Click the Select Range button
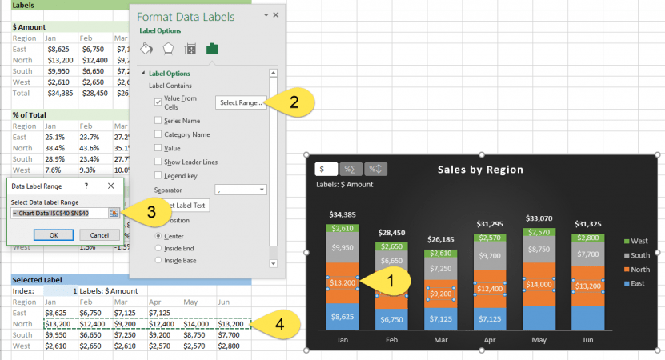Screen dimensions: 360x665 (241, 102)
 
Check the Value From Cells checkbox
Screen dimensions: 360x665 (158, 102)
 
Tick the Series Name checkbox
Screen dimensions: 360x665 (158, 120)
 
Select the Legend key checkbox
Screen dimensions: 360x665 (158, 174)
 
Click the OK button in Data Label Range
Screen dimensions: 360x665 (53, 235)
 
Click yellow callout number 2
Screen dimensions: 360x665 (294, 102)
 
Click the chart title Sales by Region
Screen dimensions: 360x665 (480, 170)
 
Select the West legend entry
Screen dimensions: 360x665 (638, 241)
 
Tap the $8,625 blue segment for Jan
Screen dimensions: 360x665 (342, 317)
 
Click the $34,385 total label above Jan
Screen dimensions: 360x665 (342, 214)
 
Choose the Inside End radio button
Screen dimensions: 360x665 (158, 249)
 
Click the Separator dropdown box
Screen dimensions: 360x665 (240, 190)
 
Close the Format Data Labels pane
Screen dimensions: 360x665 (276, 15)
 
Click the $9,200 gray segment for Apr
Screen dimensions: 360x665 (489, 256)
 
